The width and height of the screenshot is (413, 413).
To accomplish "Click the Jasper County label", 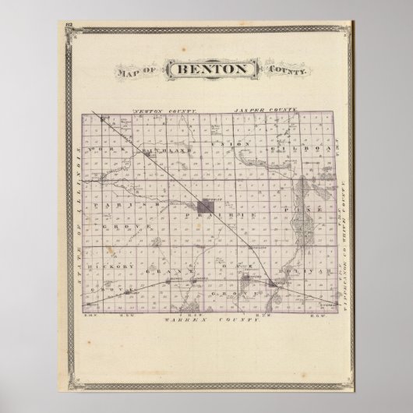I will (x=261, y=111).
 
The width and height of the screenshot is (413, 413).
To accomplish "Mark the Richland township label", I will (x=165, y=147).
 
